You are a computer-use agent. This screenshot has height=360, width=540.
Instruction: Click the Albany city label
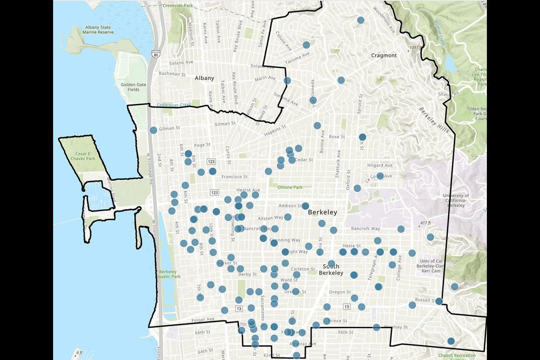tap(204, 78)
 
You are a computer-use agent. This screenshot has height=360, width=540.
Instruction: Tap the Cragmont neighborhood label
tap(384, 55)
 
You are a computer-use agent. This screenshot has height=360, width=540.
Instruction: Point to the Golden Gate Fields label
tap(130, 87)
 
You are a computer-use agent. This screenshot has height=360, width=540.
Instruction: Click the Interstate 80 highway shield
tap(156, 54)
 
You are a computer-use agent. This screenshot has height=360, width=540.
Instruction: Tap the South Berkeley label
tap(331, 269)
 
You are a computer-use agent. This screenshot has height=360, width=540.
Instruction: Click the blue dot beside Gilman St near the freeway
tap(153, 130)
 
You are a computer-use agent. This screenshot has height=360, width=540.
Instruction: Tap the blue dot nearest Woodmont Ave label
tap(360, 20)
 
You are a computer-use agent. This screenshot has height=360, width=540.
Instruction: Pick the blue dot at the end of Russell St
tap(439, 301)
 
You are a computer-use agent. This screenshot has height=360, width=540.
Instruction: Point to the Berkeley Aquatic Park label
tap(170, 274)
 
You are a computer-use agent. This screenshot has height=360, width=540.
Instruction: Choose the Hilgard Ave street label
tap(380, 166)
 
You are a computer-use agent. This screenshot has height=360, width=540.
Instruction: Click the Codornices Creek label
tap(174, 105)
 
